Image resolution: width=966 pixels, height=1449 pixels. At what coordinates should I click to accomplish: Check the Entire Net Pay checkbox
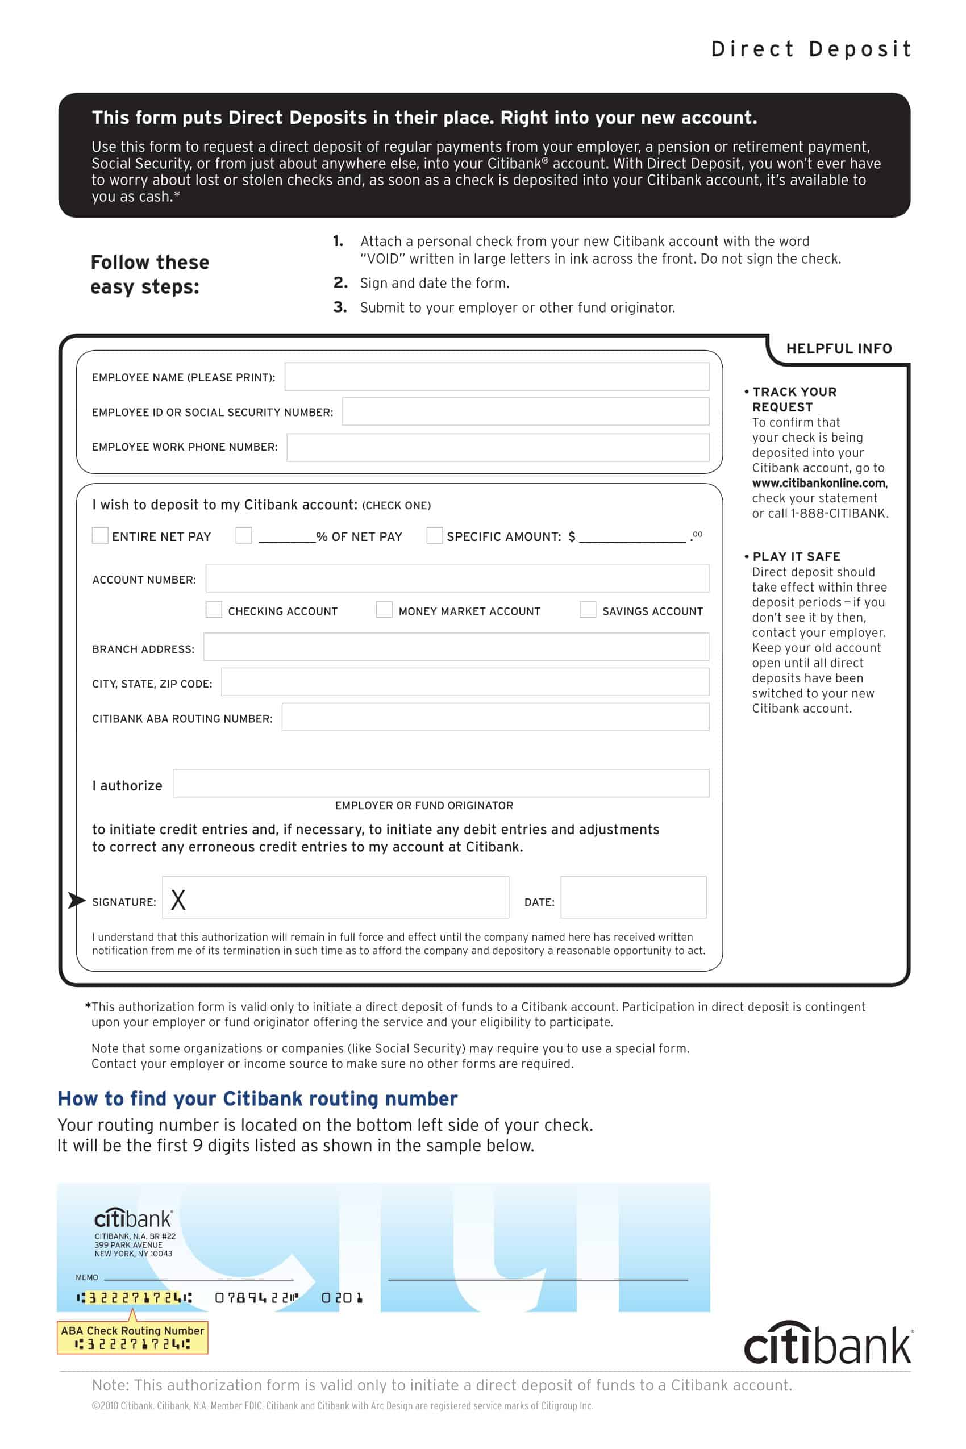tap(100, 535)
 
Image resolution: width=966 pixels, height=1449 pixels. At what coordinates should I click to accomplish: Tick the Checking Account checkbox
tap(214, 610)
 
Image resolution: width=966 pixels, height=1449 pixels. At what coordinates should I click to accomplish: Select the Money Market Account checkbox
tap(384, 610)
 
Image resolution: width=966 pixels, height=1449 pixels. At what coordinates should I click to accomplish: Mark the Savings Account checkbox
tap(588, 610)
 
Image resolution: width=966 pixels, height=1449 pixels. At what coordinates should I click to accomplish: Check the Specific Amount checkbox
tap(434, 535)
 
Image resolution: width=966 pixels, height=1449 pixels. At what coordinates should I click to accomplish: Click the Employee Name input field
tap(497, 376)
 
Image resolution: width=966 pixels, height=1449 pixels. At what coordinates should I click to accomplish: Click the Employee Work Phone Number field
tap(498, 447)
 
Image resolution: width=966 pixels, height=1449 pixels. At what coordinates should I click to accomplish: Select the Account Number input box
tap(457, 578)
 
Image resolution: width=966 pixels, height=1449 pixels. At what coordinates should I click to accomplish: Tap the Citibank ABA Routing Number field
tap(496, 717)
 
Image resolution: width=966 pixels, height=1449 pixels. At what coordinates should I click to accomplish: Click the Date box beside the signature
tap(634, 897)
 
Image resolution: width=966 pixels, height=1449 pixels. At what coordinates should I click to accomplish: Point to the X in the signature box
tap(178, 900)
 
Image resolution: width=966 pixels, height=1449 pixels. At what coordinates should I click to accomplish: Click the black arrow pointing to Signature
tap(76, 901)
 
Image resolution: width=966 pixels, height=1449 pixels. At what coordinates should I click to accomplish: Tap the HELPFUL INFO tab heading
tap(839, 349)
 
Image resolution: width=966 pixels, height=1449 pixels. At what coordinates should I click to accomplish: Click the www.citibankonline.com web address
tap(818, 483)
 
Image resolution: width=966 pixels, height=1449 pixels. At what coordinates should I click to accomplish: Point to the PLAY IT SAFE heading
tap(796, 556)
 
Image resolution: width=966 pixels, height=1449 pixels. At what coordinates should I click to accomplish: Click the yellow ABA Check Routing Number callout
tap(132, 1337)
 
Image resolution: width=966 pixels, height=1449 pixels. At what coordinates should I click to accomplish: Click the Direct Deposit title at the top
tap(811, 49)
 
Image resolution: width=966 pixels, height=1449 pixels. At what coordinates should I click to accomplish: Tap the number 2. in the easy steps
tap(340, 283)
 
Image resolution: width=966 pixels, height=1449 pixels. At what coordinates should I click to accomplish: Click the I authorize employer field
tap(440, 783)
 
